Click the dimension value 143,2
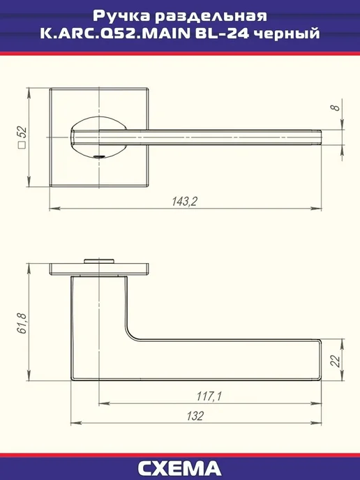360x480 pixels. (185, 202)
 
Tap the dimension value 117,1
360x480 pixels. (209, 396)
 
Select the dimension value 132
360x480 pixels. (195, 416)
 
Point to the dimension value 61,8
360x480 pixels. (22, 324)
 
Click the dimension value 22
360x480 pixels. (336, 361)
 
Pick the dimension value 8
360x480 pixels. (336, 107)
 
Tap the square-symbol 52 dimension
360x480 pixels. (22, 137)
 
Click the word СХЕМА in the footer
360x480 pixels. (179, 468)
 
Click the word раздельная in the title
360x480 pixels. (211, 17)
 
